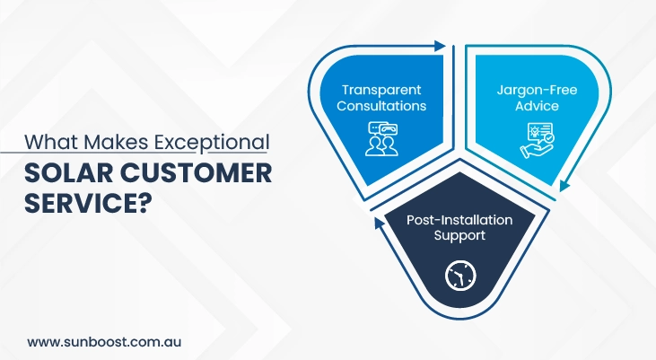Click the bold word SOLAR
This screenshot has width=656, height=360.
(x=68, y=173)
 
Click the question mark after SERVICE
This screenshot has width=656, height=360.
(x=143, y=203)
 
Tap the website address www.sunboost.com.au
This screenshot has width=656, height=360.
(x=104, y=341)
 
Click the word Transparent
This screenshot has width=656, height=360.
(x=381, y=90)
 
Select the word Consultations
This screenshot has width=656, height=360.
(x=381, y=106)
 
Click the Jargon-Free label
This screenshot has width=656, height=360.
(x=538, y=91)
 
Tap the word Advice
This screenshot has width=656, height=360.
(x=538, y=106)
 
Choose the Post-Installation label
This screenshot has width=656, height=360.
(x=459, y=220)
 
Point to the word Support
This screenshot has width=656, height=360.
(x=459, y=236)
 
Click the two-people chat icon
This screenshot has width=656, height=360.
(x=381, y=138)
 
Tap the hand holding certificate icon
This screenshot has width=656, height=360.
(x=538, y=141)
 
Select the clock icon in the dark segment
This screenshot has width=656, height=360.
(x=460, y=276)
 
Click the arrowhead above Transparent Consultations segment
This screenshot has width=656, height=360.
(x=440, y=46)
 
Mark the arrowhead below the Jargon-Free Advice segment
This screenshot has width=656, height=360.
(x=564, y=185)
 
